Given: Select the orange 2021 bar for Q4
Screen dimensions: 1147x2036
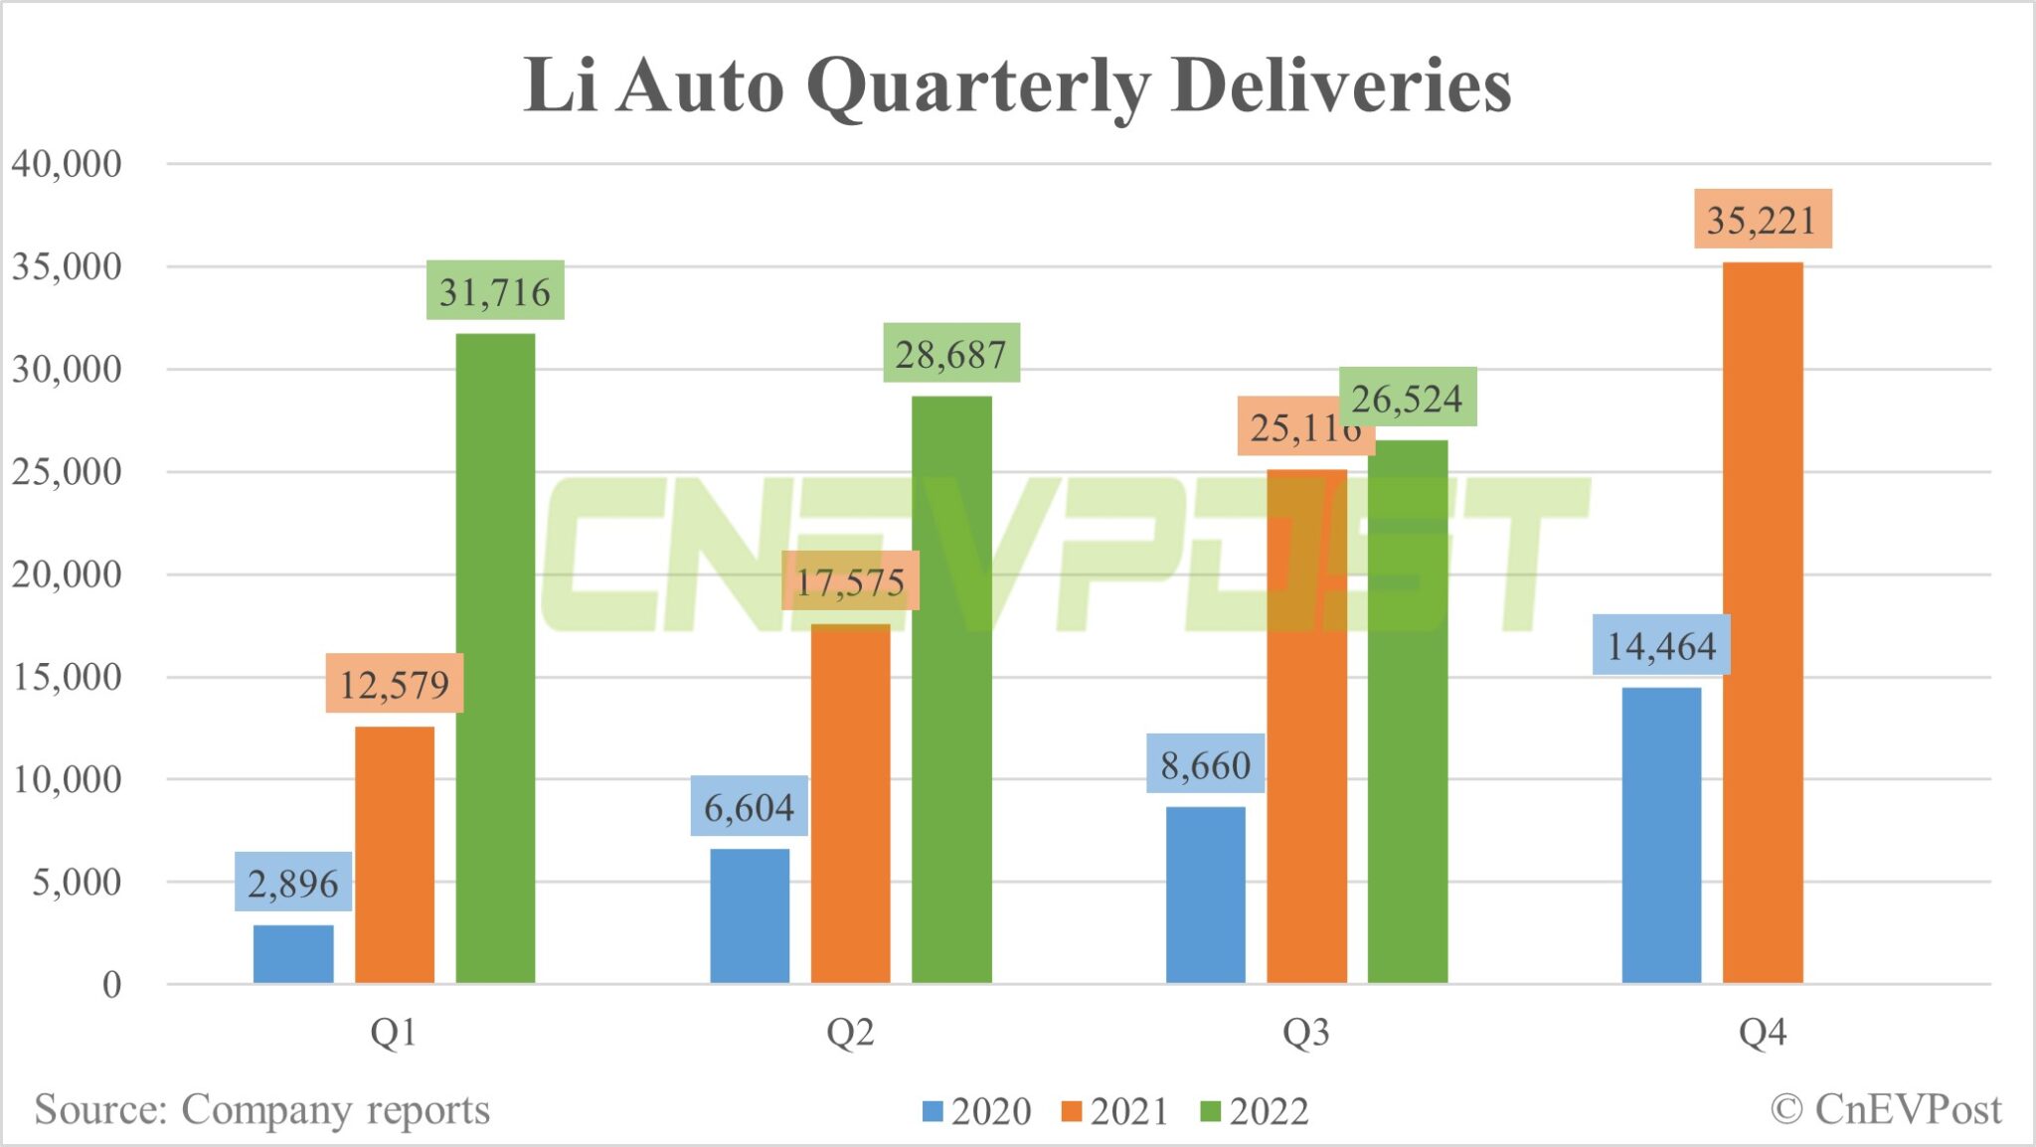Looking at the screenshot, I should (1762, 622).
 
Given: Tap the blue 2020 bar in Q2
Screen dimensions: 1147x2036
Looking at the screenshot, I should (750, 915).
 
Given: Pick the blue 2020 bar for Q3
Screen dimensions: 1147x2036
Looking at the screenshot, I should (1205, 895).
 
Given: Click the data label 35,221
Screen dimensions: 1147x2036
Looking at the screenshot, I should (1762, 220).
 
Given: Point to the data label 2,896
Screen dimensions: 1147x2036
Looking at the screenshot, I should (293, 883).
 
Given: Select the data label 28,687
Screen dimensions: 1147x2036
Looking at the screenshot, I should (951, 354).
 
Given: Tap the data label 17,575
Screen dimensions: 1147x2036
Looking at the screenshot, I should (850, 581).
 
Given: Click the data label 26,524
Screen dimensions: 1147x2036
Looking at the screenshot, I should (1408, 398).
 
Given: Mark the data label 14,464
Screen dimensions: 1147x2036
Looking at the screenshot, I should (1661, 646).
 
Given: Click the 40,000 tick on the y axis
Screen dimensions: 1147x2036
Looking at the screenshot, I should (67, 164).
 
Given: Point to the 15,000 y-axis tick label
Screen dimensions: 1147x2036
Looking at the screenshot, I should (67, 678).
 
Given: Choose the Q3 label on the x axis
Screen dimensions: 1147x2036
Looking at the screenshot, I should (1305, 1034).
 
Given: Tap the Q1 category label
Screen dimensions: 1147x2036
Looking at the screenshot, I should (394, 1034).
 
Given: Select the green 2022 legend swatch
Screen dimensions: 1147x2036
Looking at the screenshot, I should (1210, 1111).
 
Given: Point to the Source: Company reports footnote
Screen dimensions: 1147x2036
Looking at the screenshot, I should (262, 1109).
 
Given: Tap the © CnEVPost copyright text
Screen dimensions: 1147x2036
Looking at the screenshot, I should (1886, 1109).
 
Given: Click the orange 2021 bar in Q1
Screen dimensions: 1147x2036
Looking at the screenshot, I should (395, 855).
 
